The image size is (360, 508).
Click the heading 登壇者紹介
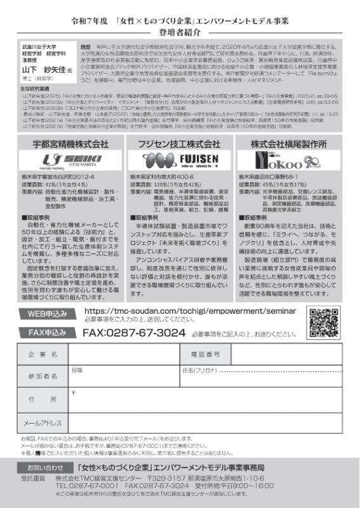(x=180, y=29)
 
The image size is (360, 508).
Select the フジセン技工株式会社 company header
(x=179, y=144)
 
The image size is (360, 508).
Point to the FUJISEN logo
(x=179, y=159)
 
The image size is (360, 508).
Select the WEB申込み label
(x=48, y=314)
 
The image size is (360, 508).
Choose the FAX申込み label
(x=48, y=331)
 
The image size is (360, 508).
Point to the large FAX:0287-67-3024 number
(x=135, y=332)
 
